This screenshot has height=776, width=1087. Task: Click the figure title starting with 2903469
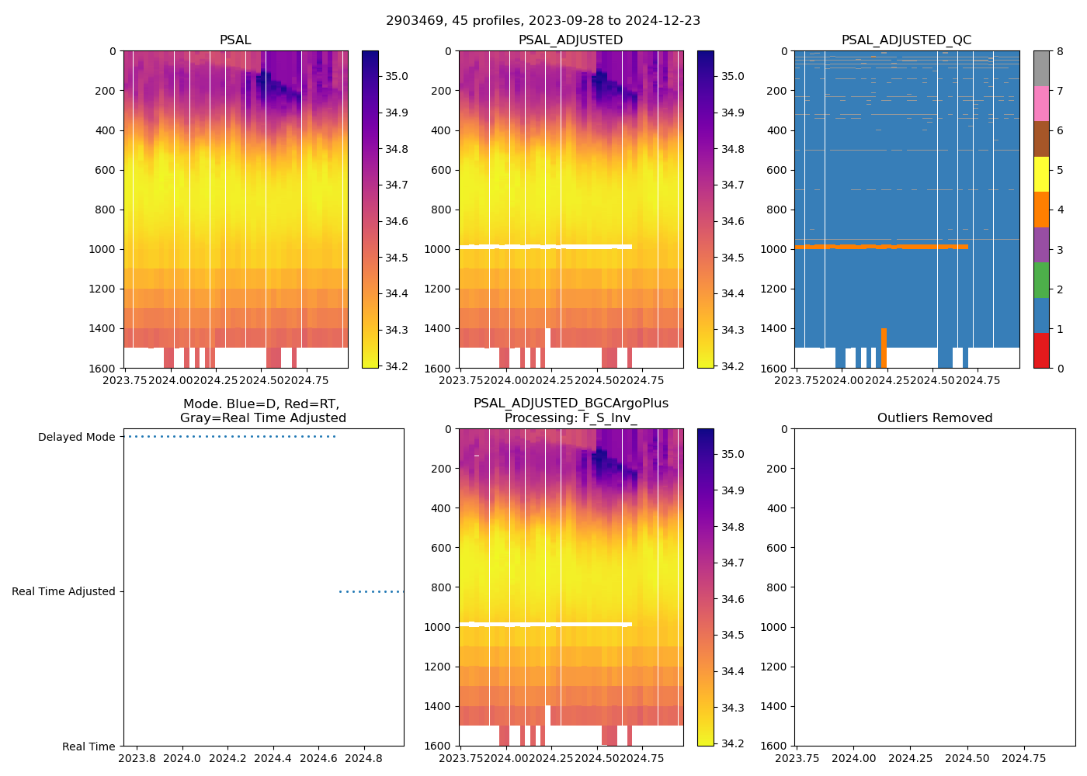click(543, 21)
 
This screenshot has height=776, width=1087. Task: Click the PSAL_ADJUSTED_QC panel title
click(906, 40)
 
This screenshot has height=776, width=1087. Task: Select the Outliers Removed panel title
click(934, 418)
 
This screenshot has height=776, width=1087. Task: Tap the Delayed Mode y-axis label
click(76, 438)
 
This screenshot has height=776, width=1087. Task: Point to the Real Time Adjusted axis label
click(63, 592)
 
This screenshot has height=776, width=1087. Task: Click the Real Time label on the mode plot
click(89, 747)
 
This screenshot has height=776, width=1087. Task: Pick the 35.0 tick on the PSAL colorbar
click(397, 76)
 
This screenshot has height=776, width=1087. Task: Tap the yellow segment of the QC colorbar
click(1041, 174)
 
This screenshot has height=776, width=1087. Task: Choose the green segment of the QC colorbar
click(1041, 279)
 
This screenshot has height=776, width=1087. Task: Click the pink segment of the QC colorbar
click(1041, 103)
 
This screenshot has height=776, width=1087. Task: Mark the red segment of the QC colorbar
click(1041, 350)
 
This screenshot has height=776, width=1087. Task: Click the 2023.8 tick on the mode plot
click(137, 758)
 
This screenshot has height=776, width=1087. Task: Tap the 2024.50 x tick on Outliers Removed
click(967, 758)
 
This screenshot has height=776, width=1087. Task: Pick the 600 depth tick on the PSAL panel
click(106, 170)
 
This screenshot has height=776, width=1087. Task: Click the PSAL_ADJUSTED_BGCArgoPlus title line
click(571, 404)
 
